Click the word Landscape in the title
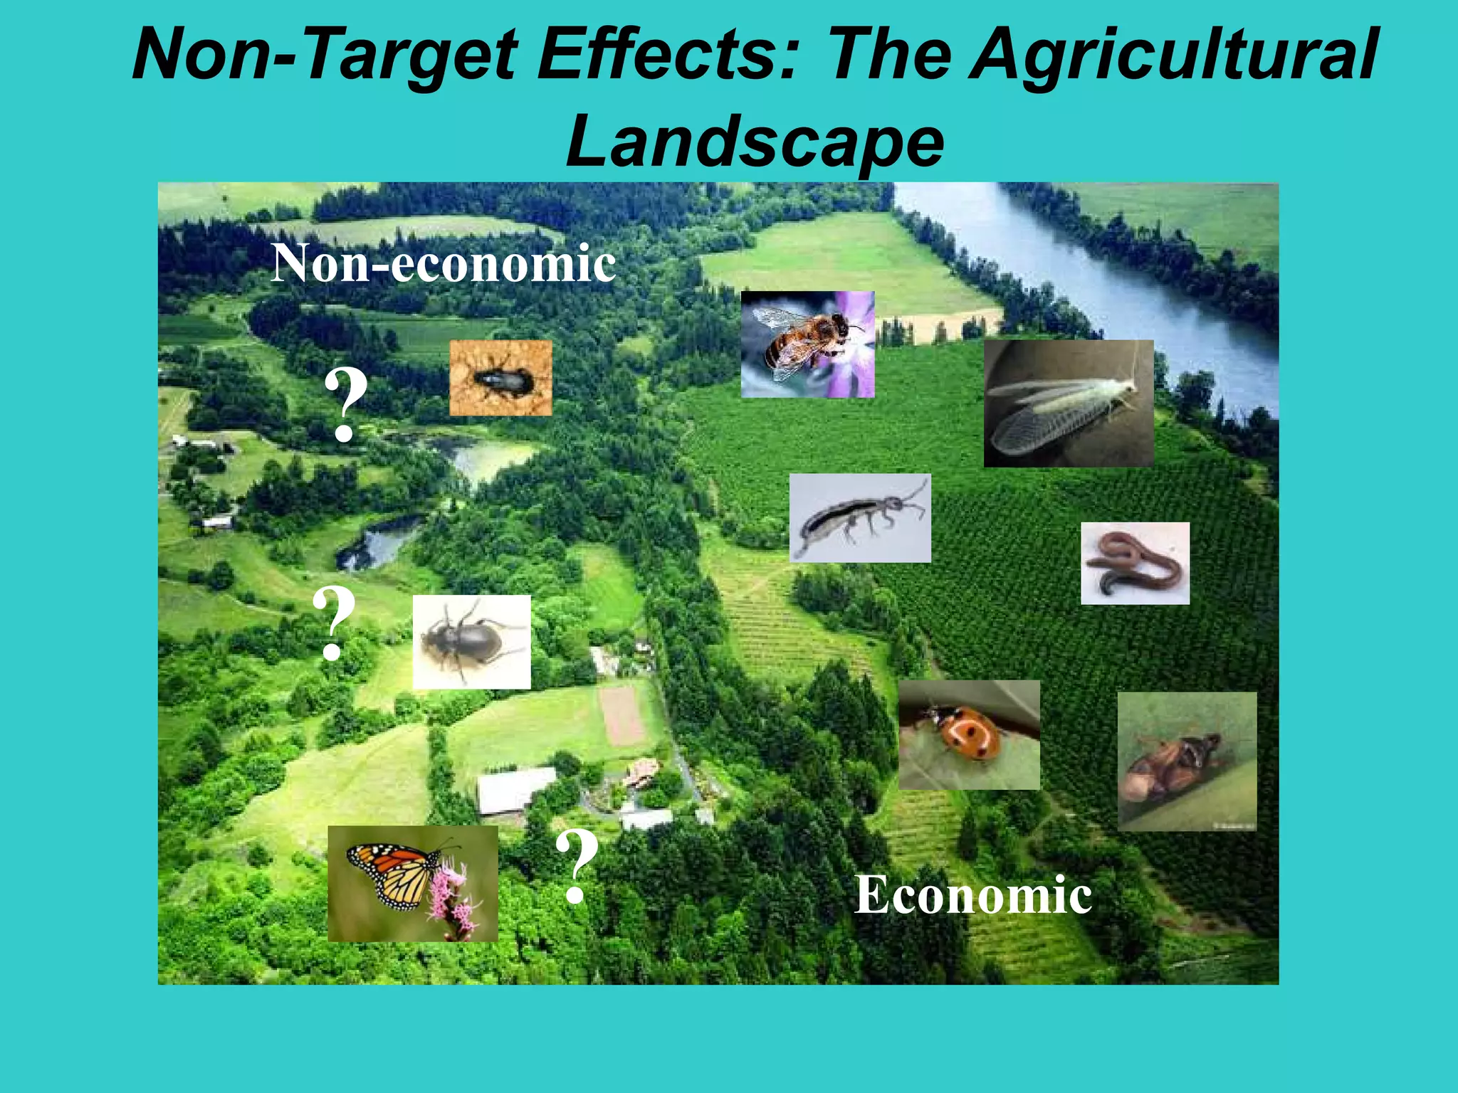[755, 142]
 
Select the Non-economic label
[443, 263]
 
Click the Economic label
[973, 894]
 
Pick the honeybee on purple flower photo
[807, 344]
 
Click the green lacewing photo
[1068, 403]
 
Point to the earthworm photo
[1135, 564]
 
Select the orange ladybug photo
[968, 734]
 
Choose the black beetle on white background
[471, 642]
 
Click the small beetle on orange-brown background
[500, 378]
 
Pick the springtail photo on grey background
[859, 518]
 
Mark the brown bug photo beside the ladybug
[1187, 761]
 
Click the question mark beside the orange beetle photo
[346, 404]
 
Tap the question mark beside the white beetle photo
[333, 622]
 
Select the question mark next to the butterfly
[577, 865]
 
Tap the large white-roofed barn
[514, 788]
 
